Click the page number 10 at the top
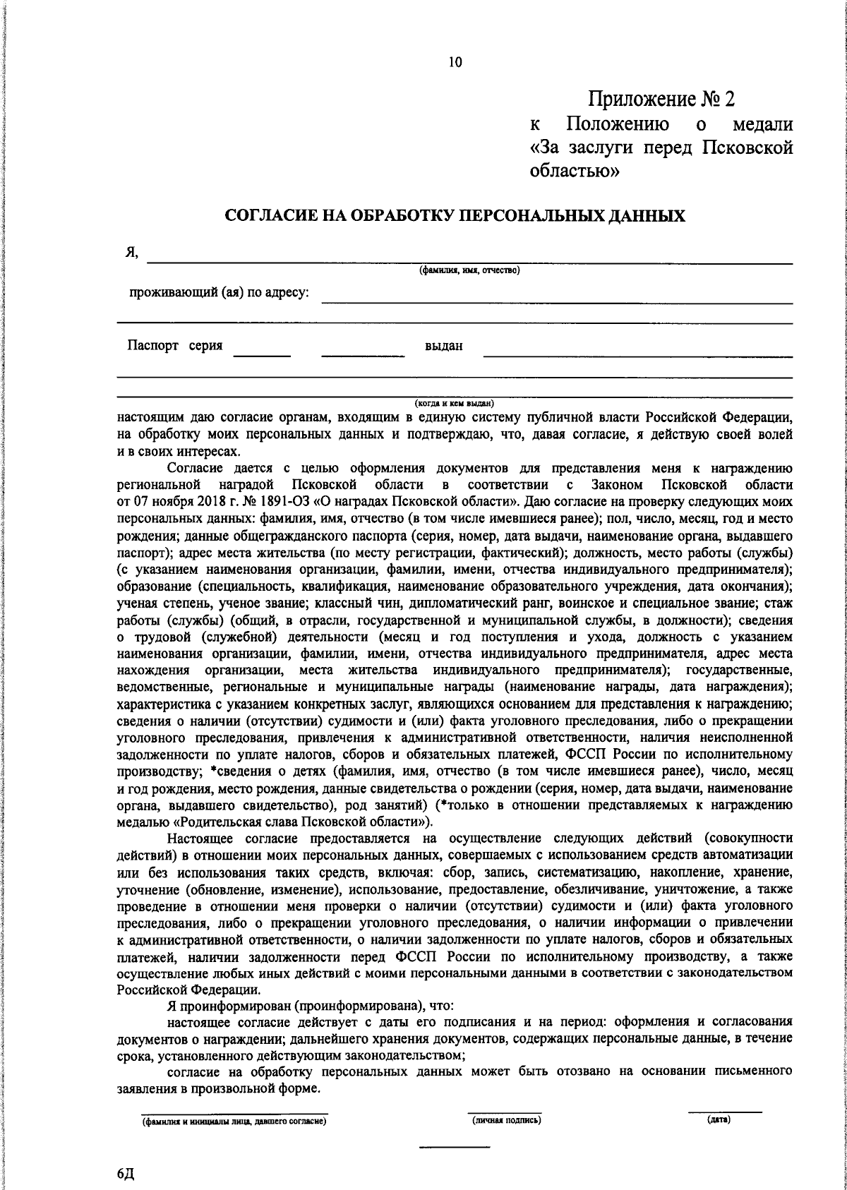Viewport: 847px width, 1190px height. pos(455,63)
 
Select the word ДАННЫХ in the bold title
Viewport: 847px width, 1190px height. pos(644,216)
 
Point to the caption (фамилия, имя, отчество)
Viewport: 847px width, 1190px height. pos(469,270)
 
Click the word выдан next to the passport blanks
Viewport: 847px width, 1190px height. pos(443,347)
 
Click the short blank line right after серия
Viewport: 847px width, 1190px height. pos(262,355)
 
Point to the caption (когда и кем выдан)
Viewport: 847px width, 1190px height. pos(453,402)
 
